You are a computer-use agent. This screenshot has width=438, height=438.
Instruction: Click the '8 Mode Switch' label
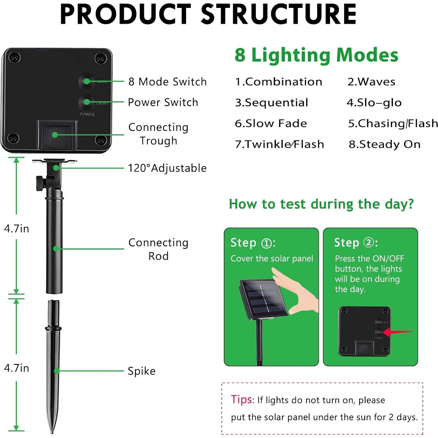tap(167, 82)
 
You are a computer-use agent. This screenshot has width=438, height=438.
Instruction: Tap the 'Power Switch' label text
tap(163, 102)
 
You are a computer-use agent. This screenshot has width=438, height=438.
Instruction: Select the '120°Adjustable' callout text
tap(167, 168)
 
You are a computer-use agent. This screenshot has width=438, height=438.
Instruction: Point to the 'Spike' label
tap(142, 371)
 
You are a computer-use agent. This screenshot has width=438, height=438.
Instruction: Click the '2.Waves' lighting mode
tap(371, 82)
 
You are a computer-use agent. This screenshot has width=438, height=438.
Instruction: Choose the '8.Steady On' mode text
tap(384, 144)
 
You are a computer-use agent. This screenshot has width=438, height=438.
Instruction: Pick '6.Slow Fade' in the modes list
tap(271, 123)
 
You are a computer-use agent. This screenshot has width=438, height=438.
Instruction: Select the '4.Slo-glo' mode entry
tap(374, 103)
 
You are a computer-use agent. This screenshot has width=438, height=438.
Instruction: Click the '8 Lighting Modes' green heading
tap(316, 55)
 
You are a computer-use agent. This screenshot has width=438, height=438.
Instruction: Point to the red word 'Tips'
tap(241, 399)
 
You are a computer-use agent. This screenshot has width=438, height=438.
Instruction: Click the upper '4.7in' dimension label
tap(17, 229)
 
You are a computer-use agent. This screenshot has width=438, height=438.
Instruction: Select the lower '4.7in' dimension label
tap(17, 368)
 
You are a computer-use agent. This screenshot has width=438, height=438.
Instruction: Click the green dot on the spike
tap(57, 371)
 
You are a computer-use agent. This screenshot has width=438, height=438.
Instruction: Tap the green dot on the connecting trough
tap(55, 135)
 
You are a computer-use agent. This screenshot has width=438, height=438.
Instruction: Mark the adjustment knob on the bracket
tap(39, 183)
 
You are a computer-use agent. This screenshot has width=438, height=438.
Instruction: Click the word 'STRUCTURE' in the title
tap(278, 14)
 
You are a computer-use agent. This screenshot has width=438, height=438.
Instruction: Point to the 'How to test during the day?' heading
tap(321, 204)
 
